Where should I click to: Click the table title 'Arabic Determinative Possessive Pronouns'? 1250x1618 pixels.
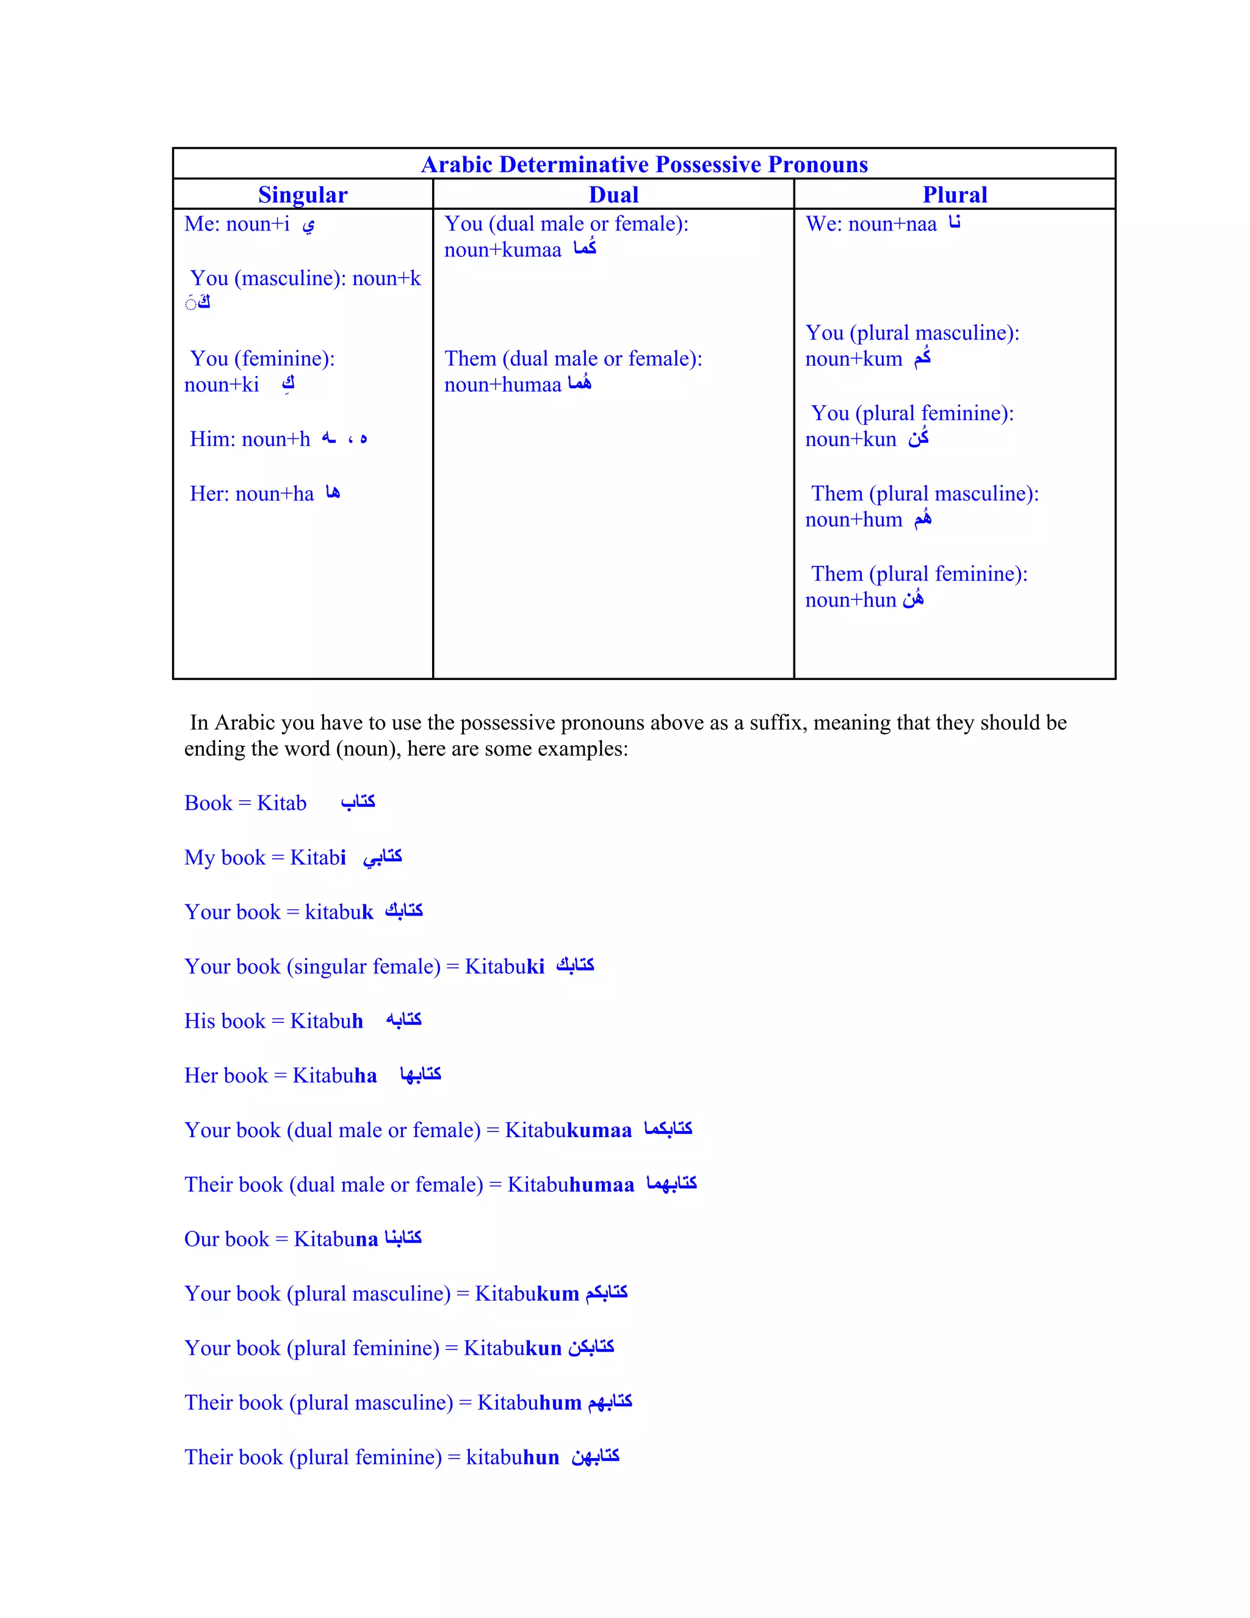pos(644,164)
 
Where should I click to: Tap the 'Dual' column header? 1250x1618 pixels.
pos(613,194)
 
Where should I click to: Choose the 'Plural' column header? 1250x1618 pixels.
pos(955,194)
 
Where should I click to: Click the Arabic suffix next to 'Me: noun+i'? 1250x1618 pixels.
pos(308,225)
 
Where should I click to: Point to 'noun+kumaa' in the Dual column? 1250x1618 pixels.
pos(502,250)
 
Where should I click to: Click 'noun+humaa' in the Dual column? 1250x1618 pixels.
pos(502,385)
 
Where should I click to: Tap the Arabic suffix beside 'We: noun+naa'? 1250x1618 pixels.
pos(955,222)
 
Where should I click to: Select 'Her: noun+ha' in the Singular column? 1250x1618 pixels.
pos(252,494)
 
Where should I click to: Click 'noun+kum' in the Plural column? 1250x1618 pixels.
pos(854,359)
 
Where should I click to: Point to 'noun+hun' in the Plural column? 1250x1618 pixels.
pos(851,600)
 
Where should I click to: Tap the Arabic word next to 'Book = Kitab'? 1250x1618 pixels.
pos(358,801)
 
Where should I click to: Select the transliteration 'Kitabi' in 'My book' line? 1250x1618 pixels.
pos(318,857)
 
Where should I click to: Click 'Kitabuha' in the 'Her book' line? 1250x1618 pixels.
pos(334,1075)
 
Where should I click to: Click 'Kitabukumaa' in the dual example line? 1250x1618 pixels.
pos(568,1130)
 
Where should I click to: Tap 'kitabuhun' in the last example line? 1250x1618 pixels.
pos(512,1457)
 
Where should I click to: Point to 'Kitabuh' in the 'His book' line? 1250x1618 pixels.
pos(326,1021)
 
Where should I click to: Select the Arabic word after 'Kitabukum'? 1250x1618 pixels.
pos(606,1293)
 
